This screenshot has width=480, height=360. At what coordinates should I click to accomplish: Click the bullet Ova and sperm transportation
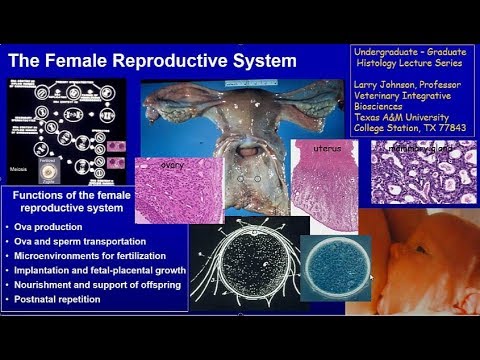79,243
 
